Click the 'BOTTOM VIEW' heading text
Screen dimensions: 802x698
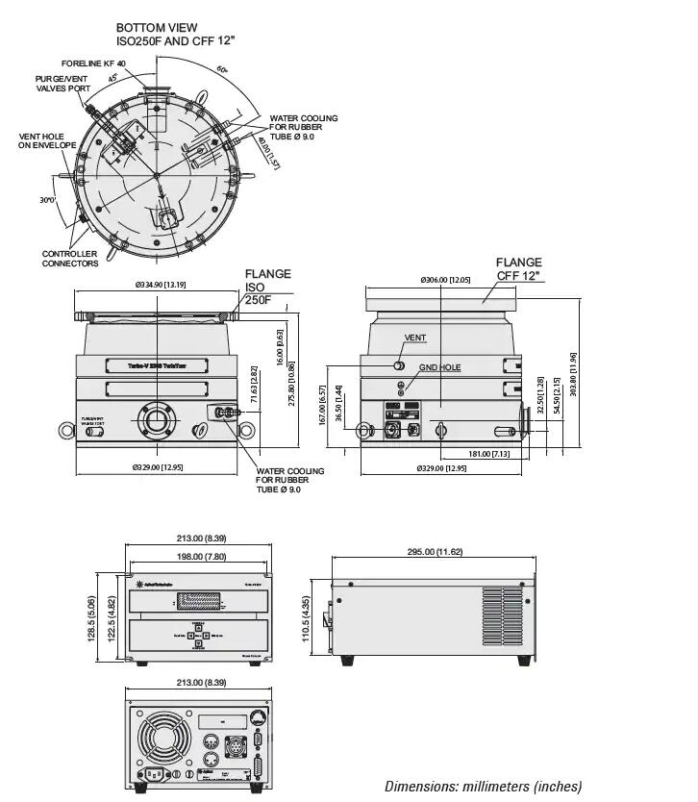(x=157, y=28)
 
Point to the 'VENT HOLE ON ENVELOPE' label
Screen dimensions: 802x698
(x=41, y=141)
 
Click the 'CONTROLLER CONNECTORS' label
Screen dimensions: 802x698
(x=69, y=259)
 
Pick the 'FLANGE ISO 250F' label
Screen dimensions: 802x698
(x=267, y=288)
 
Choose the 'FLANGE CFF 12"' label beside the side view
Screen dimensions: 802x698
(x=519, y=268)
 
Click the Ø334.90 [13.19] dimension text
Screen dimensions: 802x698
(x=161, y=285)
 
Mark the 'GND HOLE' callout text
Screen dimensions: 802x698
(x=439, y=368)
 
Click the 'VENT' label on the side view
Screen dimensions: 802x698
(x=415, y=338)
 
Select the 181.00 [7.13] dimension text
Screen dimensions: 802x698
(x=489, y=453)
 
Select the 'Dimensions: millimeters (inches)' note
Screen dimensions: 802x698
(x=483, y=786)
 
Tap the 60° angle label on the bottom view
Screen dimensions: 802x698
(x=222, y=70)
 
